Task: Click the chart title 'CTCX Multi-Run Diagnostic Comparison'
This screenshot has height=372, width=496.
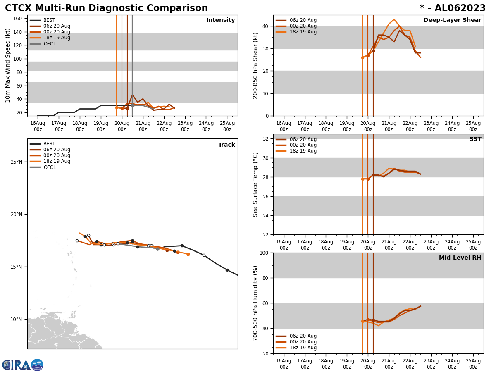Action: point(106,8)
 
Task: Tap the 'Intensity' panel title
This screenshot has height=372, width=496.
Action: point(221,20)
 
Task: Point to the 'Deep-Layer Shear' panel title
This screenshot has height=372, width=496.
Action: point(452,20)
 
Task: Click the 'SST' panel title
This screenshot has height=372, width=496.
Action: point(475,139)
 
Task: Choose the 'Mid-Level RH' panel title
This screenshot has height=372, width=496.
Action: point(460,258)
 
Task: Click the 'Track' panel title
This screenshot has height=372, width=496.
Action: point(227,145)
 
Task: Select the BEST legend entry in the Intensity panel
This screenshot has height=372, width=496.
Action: point(49,20)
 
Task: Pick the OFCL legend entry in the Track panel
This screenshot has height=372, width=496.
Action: point(50,167)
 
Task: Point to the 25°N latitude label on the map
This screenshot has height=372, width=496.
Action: point(17,162)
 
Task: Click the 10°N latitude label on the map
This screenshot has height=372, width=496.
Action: point(17,320)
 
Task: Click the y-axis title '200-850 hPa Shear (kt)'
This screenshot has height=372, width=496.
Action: point(256,65)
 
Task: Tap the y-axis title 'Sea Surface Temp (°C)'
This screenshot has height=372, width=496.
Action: point(256,184)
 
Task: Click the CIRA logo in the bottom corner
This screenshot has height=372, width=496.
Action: point(22,365)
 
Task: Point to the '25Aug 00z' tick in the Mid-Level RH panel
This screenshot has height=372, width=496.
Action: point(473,364)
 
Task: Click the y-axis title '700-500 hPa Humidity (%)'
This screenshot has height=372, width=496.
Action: point(256,303)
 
